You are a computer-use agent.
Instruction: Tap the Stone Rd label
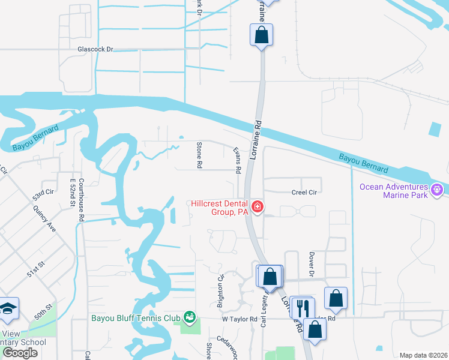click(x=199, y=155)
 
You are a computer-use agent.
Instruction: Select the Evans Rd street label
click(x=237, y=161)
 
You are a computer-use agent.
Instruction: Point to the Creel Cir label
click(x=304, y=192)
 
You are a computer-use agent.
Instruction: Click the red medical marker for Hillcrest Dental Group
click(x=258, y=207)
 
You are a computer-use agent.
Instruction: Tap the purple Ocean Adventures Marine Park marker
click(x=437, y=190)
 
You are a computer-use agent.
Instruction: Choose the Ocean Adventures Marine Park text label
click(x=393, y=190)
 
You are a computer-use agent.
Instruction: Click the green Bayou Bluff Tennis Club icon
click(x=190, y=316)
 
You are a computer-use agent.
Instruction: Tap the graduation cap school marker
click(x=8, y=308)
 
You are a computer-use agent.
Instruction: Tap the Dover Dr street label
click(x=312, y=263)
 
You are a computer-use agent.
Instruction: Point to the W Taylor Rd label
click(x=240, y=319)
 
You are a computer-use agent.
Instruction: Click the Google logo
click(x=20, y=353)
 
